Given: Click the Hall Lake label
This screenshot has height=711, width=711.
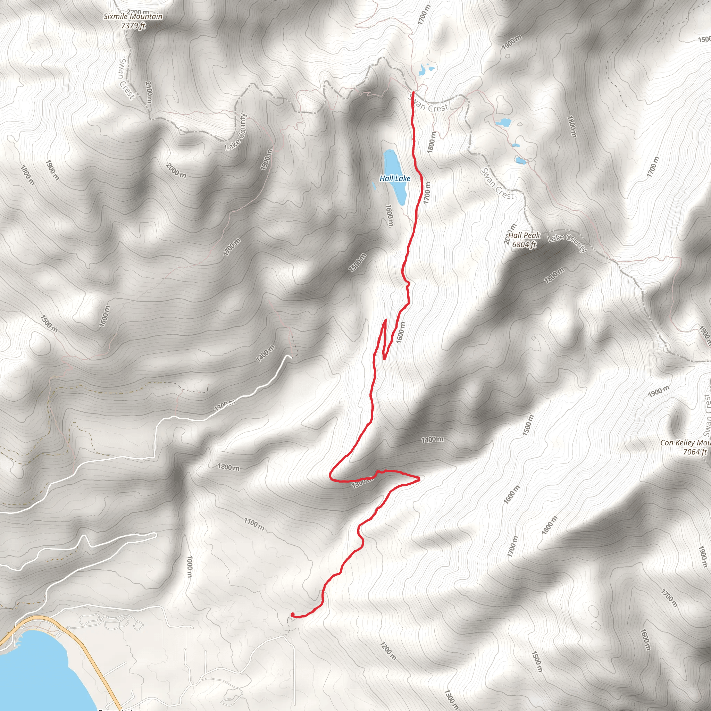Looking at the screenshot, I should tap(395, 178).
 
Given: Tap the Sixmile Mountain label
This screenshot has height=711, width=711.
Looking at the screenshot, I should tap(133, 17).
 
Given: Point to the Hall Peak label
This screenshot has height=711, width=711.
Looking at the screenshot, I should tap(524, 235).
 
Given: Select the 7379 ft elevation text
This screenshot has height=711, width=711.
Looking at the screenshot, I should tap(133, 26).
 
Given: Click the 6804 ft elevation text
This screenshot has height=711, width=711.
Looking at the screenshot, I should tap(524, 244).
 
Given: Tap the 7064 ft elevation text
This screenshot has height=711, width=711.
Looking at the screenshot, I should tap(695, 452).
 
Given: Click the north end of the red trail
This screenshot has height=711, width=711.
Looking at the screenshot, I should tap(413, 92).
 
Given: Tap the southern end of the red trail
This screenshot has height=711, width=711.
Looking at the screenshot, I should tap(292, 614).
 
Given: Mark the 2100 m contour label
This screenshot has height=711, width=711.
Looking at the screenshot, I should tap(148, 92).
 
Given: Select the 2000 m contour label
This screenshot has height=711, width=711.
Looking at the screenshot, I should tap(176, 171).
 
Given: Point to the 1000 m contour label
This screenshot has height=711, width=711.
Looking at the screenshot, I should tap(190, 567).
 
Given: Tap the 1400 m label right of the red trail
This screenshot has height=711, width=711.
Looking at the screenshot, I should tap(433, 440).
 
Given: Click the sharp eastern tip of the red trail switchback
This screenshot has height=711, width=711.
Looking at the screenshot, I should tap(419, 478).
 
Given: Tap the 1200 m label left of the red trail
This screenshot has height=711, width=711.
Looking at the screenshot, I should tap(228, 467).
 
